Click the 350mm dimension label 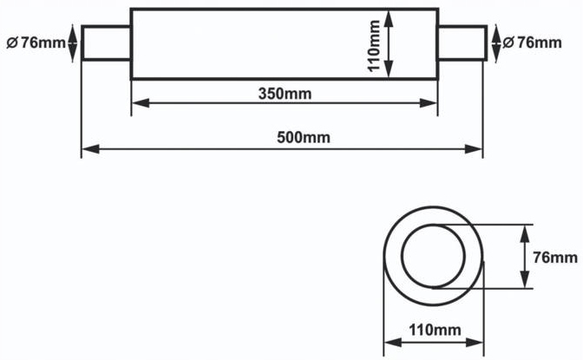click(x=285, y=94)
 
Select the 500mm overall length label click(x=304, y=138)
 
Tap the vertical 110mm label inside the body click(x=373, y=45)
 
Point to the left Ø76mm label click(x=36, y=43)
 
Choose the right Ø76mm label click(x=532, y=43)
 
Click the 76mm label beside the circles click(x=555, y=258)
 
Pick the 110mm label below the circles click(x=435, y=330)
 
